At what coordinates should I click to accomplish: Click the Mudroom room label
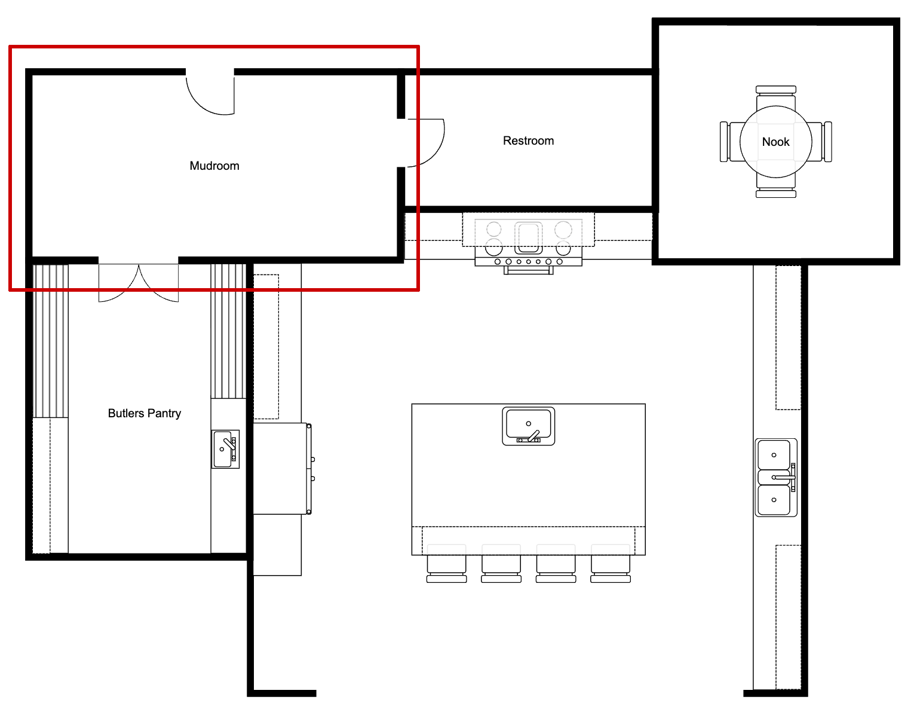[x=214, y=166]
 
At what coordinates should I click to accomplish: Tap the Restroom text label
[x=528, y=140]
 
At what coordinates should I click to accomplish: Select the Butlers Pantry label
[x=144, y=413]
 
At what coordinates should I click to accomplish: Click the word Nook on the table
[x=775, y=142]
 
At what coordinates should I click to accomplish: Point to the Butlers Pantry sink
[x=225, y=449]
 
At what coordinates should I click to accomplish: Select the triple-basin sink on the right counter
[x=775, y=477]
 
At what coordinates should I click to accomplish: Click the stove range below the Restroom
[x=528, y=242]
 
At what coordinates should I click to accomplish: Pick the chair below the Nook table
[x=775, y=190]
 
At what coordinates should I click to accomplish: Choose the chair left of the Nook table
[x=728, y=142]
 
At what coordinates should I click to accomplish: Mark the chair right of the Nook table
[x=824, y=142]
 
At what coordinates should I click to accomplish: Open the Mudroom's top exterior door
[x=210, y=93]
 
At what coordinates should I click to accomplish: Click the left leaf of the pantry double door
[x=118, y=282]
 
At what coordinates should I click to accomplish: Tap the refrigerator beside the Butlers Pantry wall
[x=281, y=469]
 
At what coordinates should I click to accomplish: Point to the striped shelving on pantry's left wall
[x=50, y=341]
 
